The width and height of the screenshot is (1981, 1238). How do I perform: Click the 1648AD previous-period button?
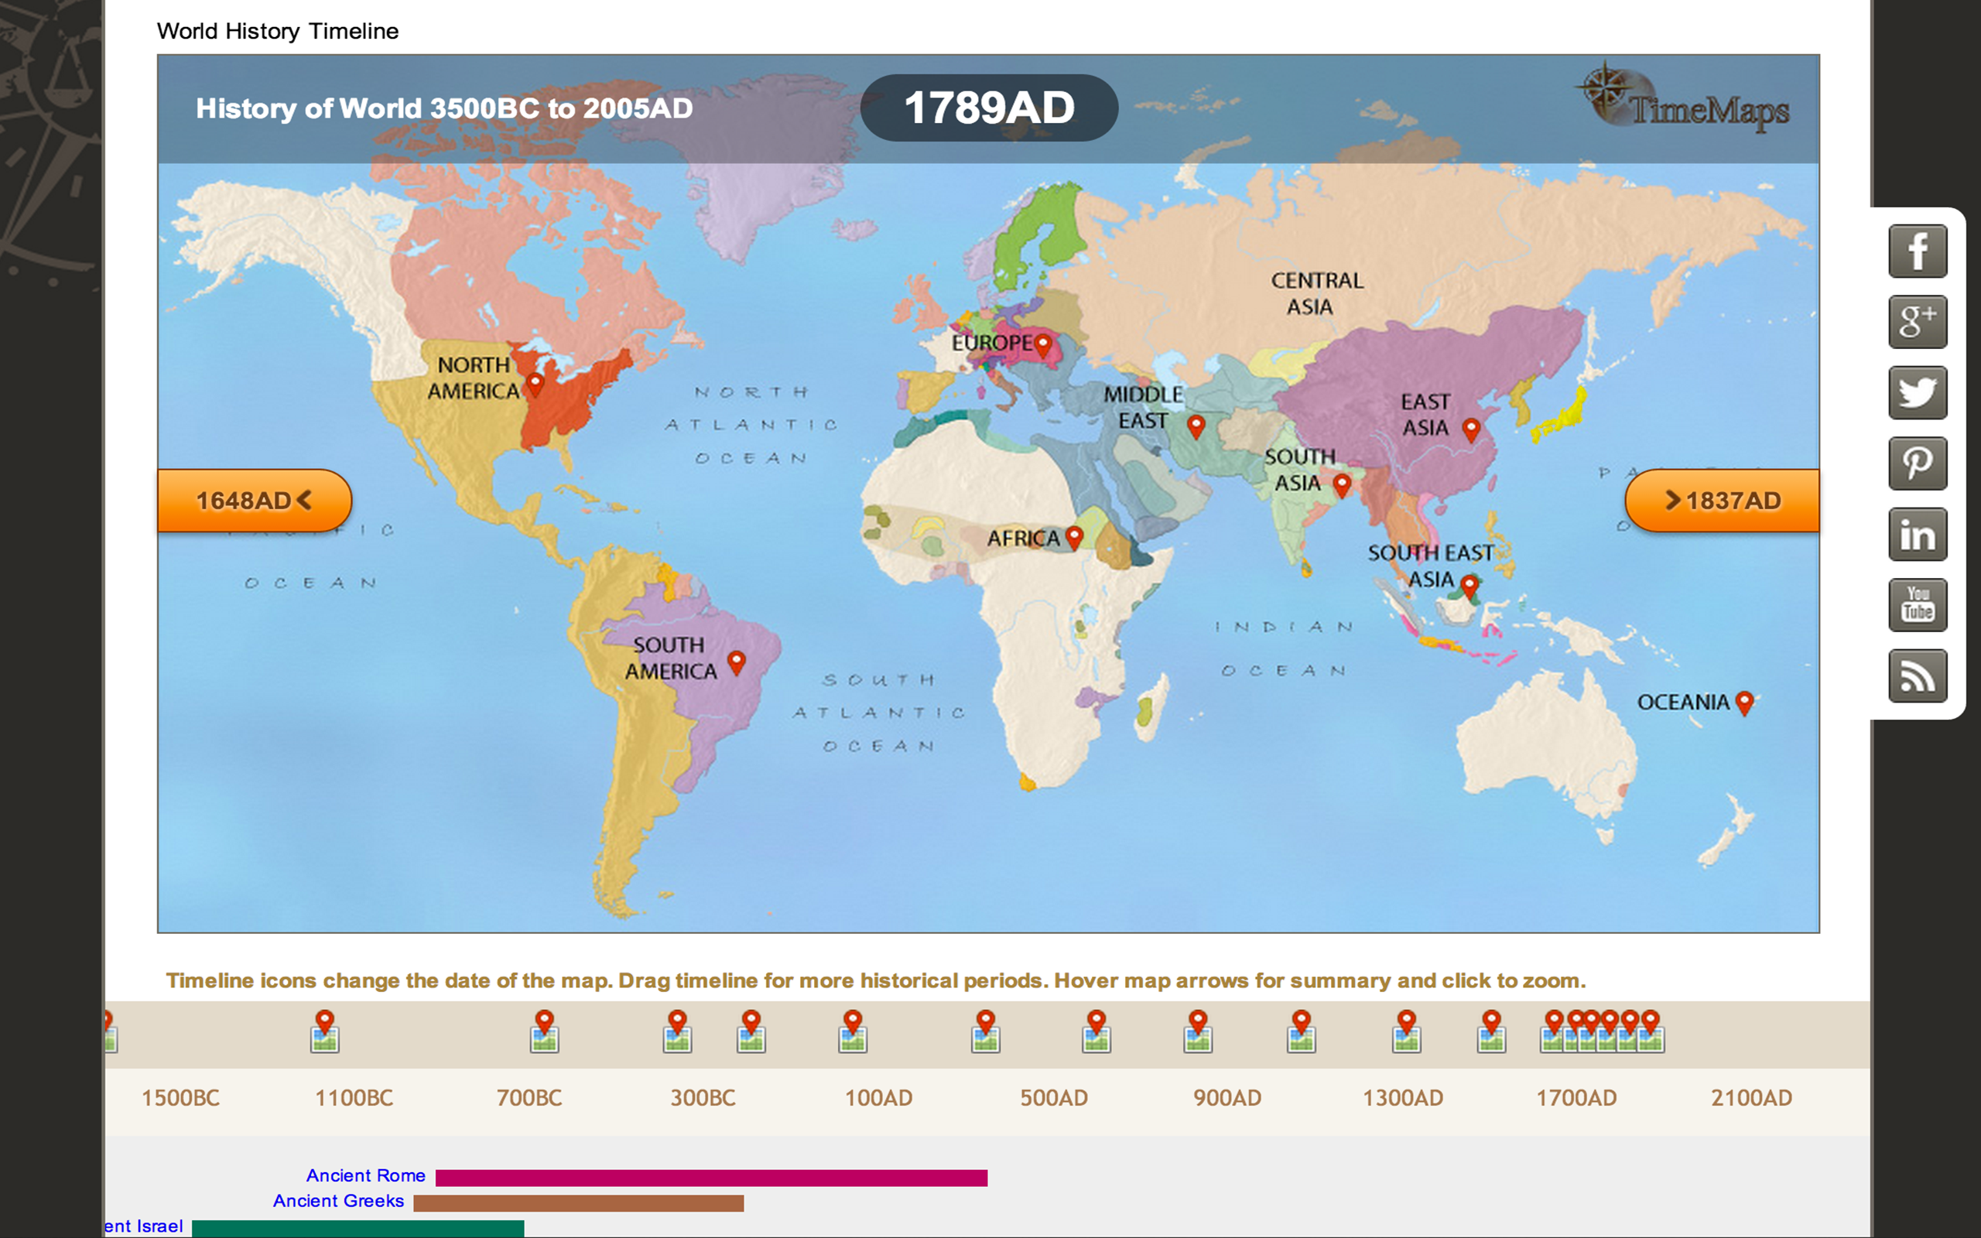254,501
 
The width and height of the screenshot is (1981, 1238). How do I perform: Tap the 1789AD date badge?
989,108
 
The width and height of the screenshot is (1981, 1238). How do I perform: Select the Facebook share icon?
1917,251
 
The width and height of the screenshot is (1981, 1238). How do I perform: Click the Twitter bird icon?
1917,393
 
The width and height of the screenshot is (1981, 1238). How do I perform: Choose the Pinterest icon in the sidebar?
1917,463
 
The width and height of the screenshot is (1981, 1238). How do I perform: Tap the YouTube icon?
1917,605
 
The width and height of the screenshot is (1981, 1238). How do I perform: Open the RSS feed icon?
1917,676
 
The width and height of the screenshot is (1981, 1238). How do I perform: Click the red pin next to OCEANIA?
1744,702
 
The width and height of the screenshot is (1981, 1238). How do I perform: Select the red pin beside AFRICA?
1074,536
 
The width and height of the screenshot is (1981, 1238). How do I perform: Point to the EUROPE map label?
991,343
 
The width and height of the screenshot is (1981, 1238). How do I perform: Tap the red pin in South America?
736,661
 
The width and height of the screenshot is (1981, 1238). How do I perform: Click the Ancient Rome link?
366,1176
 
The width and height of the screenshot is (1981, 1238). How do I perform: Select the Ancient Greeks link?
338,1201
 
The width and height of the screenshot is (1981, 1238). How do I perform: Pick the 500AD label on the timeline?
1053,1098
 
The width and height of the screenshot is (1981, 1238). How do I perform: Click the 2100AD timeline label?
1751,1098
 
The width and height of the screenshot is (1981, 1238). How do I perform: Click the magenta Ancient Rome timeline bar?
710,1178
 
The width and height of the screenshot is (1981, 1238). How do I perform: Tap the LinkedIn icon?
1917,535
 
